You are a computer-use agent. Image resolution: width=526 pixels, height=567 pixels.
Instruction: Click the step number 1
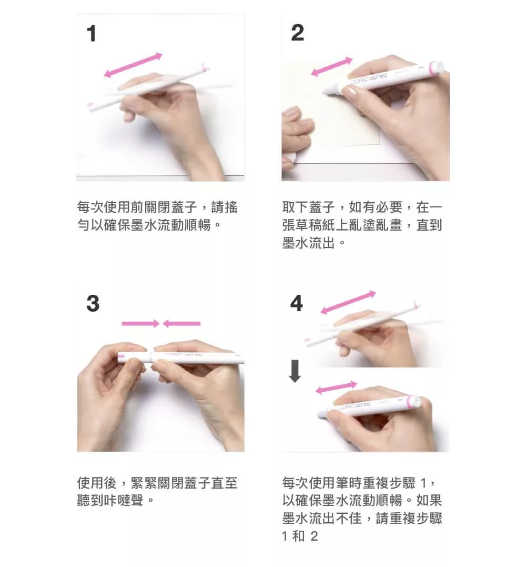click(92, 34)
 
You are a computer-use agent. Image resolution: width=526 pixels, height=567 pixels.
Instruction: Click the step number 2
click(297, 33)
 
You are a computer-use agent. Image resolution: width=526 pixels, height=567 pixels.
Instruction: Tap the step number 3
click(93, 303)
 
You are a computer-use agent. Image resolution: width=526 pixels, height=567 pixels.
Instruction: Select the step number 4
click(297, 303)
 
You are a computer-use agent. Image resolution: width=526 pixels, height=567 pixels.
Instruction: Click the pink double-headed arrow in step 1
click(133, 65)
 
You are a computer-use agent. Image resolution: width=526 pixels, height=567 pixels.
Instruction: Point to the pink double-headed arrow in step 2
click(331, 66)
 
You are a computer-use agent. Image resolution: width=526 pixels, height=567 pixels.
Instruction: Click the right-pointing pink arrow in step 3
click(140, 324)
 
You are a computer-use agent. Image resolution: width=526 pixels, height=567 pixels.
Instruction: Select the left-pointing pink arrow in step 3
click(181, 324)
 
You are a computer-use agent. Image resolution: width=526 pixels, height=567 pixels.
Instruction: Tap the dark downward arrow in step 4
click(295, 371)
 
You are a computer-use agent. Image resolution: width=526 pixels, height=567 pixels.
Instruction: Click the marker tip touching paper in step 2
click(326, 92)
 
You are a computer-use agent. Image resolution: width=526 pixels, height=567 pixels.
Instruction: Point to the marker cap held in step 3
click(132, 357)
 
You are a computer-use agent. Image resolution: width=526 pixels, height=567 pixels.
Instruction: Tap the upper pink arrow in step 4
click(348, 302)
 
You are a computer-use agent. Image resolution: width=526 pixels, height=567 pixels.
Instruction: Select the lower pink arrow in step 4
click(336, 387)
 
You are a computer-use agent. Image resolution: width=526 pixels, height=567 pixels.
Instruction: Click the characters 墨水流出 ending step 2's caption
click(309, 243)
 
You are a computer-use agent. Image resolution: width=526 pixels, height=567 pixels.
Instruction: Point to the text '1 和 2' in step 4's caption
click(300, 536)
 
